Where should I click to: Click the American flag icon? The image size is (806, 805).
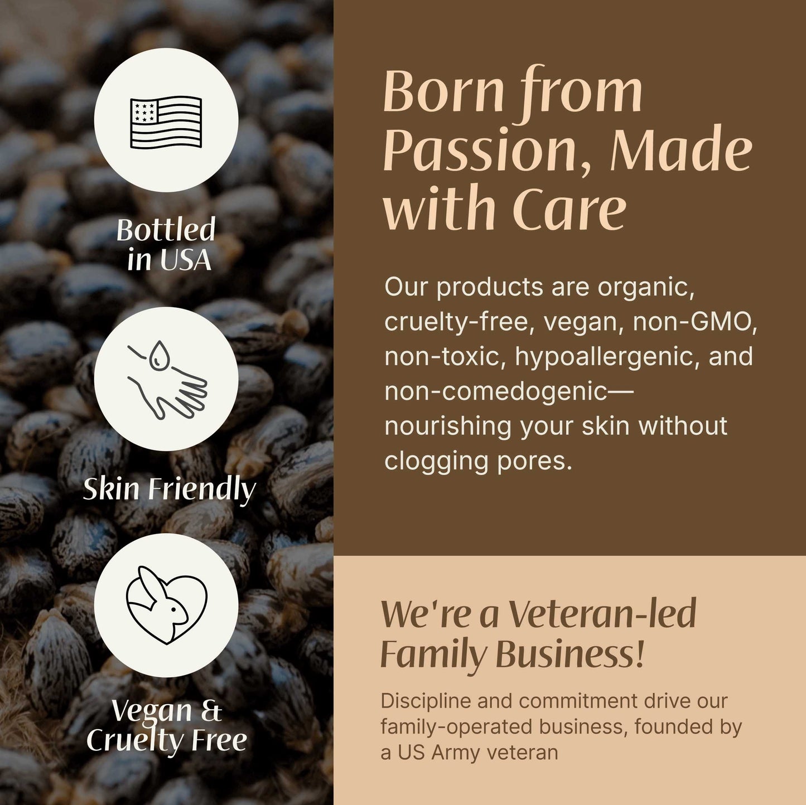pos(166,122)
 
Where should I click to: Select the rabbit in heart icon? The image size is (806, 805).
pos(166,605)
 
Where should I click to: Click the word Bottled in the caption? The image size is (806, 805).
pos(166,230)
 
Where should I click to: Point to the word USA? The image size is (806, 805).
pos(186,260)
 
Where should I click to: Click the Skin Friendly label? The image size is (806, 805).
pos(169,489)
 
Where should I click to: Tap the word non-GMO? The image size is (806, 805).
pos(694,322)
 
